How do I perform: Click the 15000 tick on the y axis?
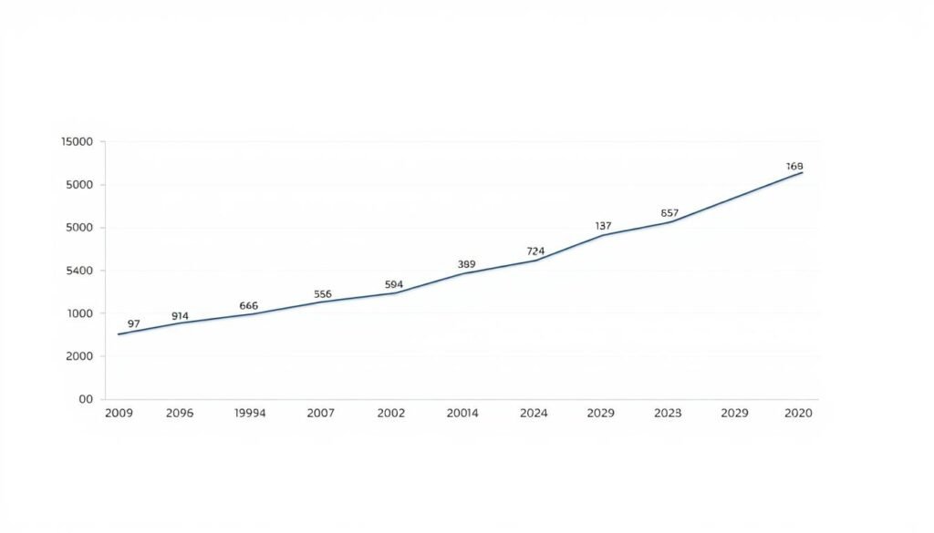click(77, 142)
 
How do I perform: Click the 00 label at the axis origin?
click(86, 399)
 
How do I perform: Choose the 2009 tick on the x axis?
click(119, 413)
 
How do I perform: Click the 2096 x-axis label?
click(181, 413)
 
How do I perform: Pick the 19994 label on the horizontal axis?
click(249, 413)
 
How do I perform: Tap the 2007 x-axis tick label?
click(320, 413)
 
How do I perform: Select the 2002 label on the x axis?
click(390, 413)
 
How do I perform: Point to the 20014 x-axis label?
click(462, 413)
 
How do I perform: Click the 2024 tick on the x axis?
click(534, 413)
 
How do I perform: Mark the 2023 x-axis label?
click(668, 413)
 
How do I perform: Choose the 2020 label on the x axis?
click(798, 413)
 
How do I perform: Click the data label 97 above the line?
click(134, 323)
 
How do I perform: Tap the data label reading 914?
click(180, 316)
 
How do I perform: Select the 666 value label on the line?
click(249, 306)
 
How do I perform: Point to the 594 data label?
click(394, 284)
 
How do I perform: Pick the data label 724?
click(535, 251)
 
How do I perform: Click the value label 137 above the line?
click(603, 226)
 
